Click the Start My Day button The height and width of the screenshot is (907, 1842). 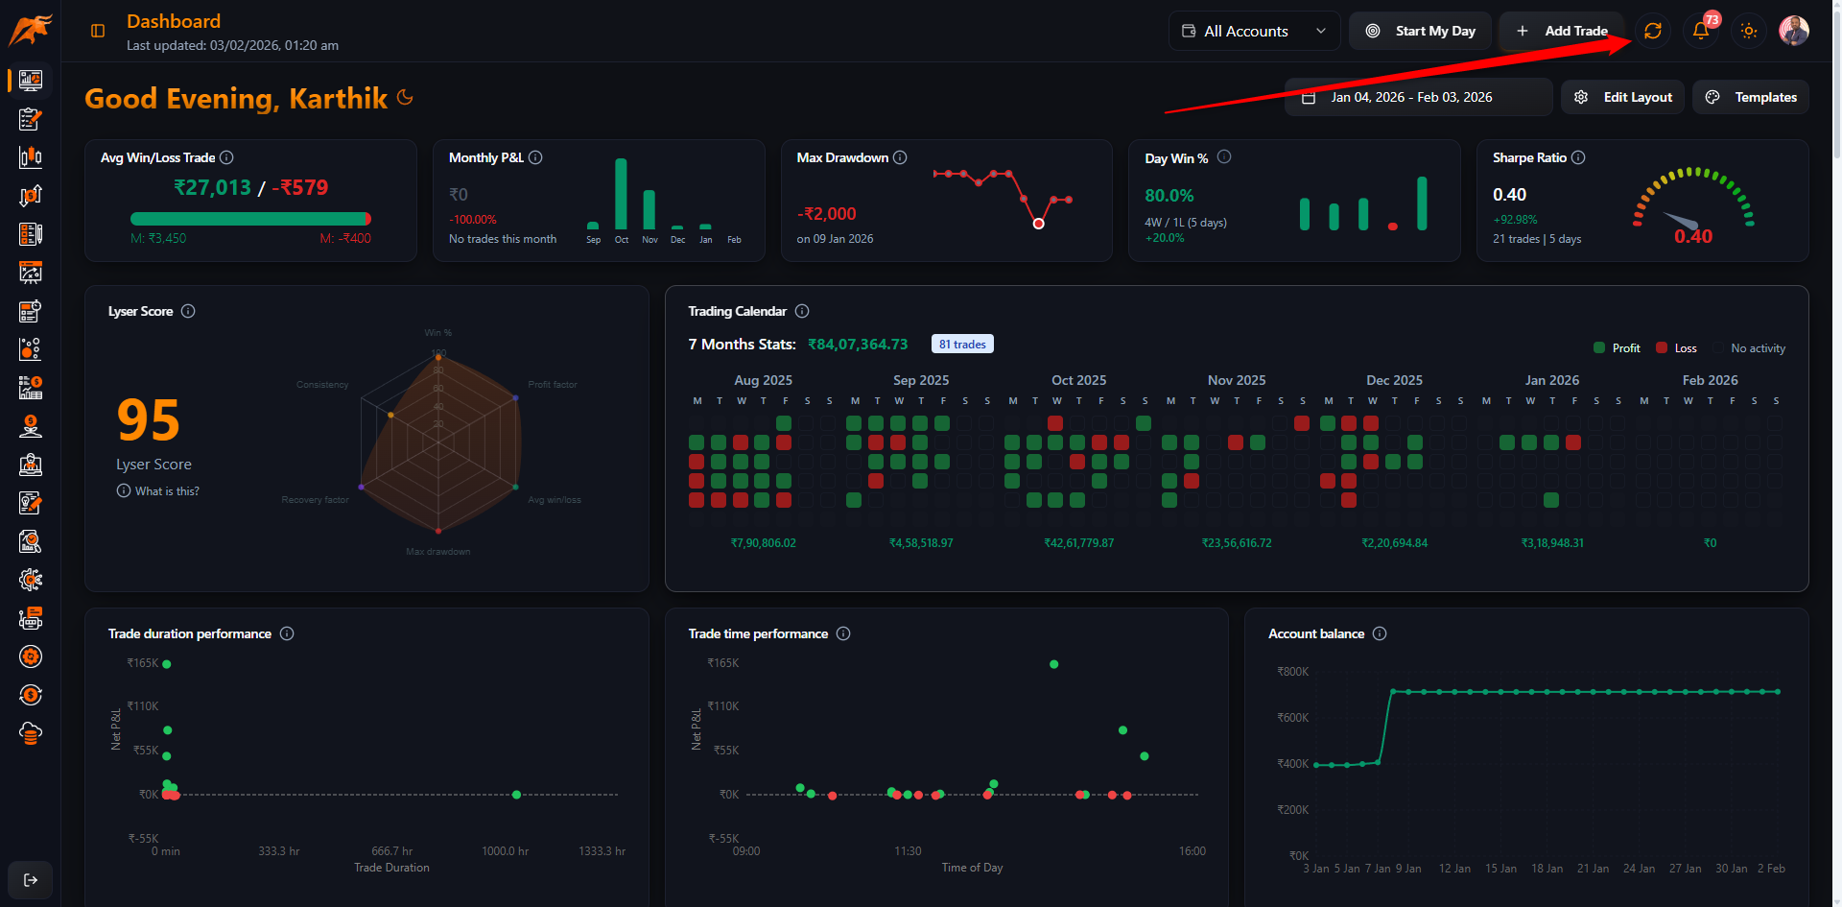coord(1420,31)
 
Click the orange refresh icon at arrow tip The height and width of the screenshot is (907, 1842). coord(1652,31)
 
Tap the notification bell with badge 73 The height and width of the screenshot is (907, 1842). coord(1701,31)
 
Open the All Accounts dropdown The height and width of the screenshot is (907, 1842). coord(1254,31)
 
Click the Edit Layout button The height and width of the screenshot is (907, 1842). coord(1622,97)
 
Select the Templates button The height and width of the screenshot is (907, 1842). coord(1751,97)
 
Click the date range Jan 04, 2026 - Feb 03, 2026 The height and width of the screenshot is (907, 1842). coord(1410,97)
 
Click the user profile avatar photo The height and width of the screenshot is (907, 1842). coord(1793,31)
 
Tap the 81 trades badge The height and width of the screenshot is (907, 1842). coord(962,345)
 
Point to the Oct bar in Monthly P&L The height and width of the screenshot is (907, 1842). coord(621,195)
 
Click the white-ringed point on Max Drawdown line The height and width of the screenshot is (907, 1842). coord(1038,224)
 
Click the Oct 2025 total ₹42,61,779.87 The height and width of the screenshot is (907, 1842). coord(1078,543)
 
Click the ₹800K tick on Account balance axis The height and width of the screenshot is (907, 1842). coord(1292,672)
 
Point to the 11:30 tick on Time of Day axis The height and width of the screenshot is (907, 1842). coord(908,851)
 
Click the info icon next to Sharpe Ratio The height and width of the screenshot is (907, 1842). coord(1578,157)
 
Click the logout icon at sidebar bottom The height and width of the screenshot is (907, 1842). coord(31,880)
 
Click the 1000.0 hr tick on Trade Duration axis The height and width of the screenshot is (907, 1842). coord(505,851)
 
